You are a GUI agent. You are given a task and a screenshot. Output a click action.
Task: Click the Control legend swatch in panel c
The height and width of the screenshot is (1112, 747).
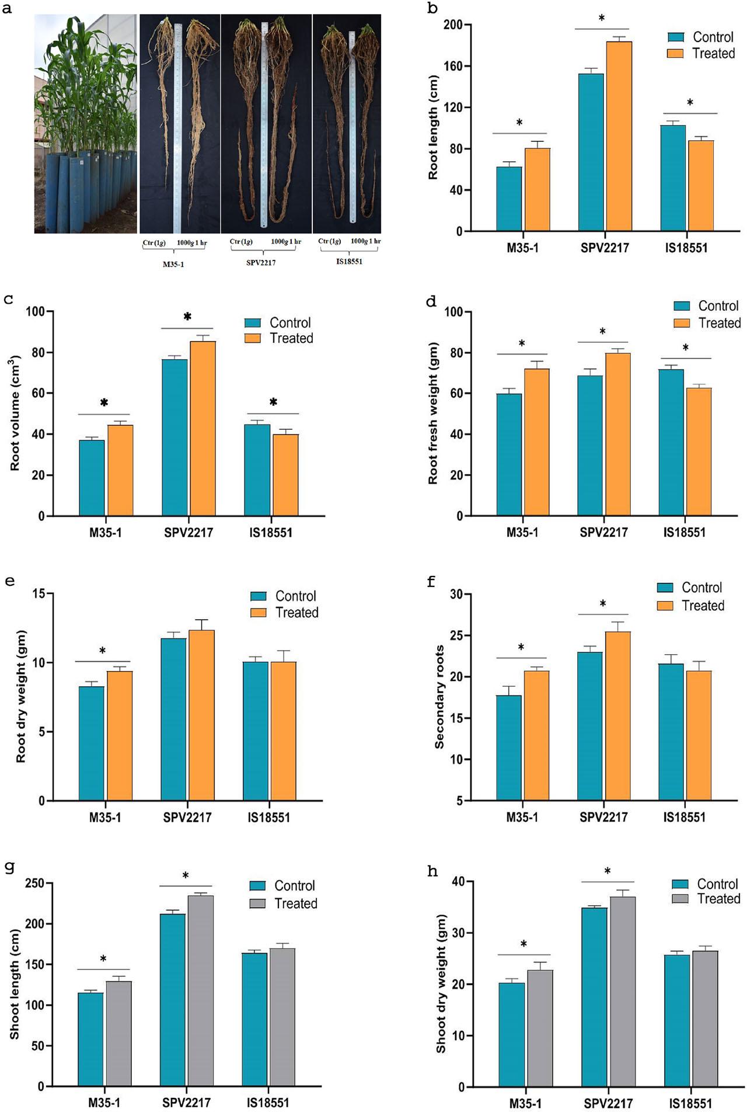click(x=252, y=323)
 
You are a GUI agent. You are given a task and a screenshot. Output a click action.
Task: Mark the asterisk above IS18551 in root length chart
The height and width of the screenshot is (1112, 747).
click(x=690, y=103)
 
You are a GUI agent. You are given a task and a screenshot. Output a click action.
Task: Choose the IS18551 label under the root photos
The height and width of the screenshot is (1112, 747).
click(x=349, y=262)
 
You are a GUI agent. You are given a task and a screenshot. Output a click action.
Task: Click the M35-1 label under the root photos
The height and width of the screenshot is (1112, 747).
click(x=173, y=264)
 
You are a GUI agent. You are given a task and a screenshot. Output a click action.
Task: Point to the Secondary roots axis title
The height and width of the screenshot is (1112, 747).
click(x=439, y=697)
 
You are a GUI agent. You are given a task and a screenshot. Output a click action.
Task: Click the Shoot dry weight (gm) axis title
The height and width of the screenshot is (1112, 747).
click(x=441, y=984)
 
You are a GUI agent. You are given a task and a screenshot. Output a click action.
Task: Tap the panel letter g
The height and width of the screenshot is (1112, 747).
click(x=9, y=867)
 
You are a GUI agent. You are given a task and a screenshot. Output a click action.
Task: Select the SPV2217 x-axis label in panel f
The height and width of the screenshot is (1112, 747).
click(x=603, y=817)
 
